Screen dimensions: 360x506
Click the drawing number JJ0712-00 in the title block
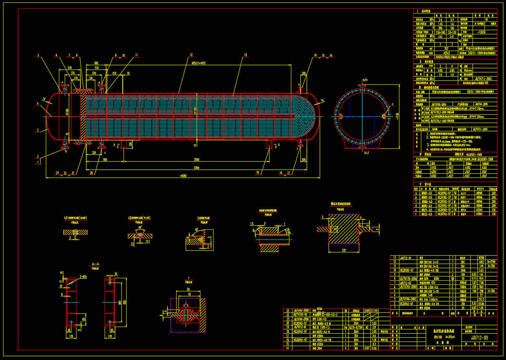pyautogui.click(x=479, y=337)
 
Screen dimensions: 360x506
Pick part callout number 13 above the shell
pyautogui.click(x=246, y=55)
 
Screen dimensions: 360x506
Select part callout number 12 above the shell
pyautogui.click(x=191, y=55)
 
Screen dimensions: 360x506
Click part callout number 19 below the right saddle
pyautogui.click(x=258, y=172)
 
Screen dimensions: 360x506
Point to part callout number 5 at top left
pyautogui.click(x=38, y=55)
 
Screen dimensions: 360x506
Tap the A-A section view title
pyautogui.click(x=95, y=264)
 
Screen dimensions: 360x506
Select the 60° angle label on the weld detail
pyautogui.click(x=140, y=227)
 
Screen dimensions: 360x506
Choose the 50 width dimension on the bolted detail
pyautogui.click(x=188, y=289)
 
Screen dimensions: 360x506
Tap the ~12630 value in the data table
pyautogui.click(x=481, y=32)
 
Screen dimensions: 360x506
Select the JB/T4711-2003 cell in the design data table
pyautogui.click(x=481, y=79)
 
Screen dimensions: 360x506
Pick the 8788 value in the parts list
pyautogui.click(x=481, y=258)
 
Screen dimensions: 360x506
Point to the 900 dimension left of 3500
pyautogui.click(x=104, y=160)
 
